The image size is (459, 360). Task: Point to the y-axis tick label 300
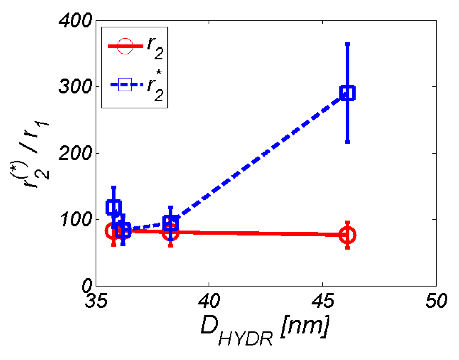(x=76, y=87)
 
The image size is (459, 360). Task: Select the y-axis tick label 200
(x=76, y=154)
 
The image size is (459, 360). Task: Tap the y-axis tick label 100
(x=76, y=220)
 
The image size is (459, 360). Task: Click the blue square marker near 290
(x=347, y=93)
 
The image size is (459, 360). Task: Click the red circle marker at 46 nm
(x=347, y=235)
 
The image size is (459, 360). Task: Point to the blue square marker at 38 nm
(x=171, y=224)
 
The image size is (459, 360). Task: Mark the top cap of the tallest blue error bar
(x=347, y=44)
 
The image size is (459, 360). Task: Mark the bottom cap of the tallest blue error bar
(x=347, y=142)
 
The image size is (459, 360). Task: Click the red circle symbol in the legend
(x=125, y=46)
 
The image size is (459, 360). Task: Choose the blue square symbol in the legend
(x=125, y=85)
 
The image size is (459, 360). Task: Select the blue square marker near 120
(x=114, y=207)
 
